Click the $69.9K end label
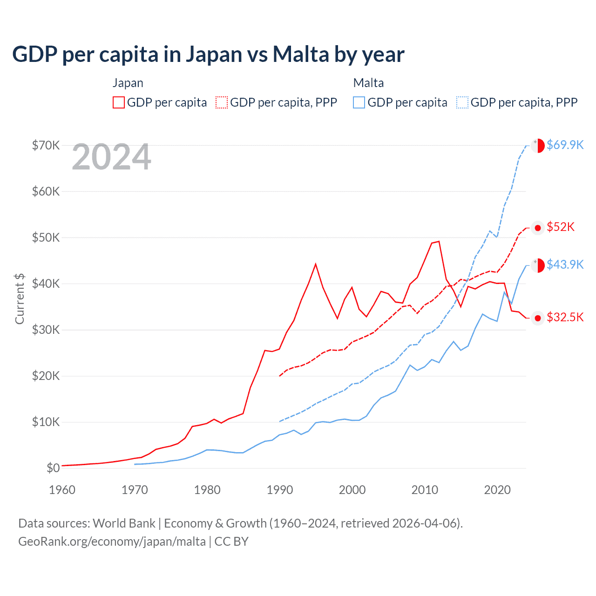point(565,145)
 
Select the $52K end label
point(561,227)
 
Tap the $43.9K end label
point(565,264)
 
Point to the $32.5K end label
point(565,317)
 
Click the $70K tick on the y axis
point(46,145)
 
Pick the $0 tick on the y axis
point(53,468)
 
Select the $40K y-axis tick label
point(46,284)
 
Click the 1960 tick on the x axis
point(62,490)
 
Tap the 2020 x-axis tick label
point(497,490)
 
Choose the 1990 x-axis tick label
point(280,490)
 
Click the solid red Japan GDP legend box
point(119,102)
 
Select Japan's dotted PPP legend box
point(222,102)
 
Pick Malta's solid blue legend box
point(359,102)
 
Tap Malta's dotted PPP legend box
point(462,102)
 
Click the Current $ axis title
point(20,299)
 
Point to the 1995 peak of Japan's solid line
point(316,264)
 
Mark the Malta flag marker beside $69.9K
point(538,145)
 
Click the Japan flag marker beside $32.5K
point(538,318)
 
